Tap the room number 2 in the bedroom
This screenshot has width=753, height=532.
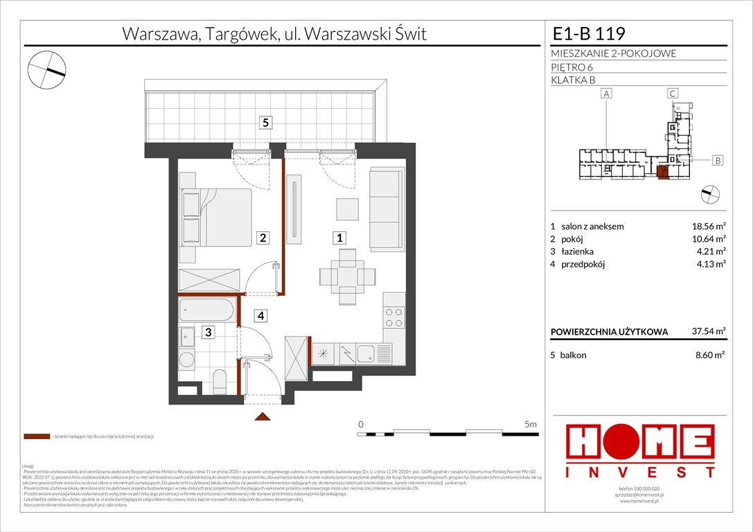[x=264, y=238]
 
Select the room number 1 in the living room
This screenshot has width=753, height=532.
[x=339, y=238]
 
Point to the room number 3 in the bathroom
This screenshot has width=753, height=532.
[x=207, y=332]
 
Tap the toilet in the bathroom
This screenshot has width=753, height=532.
[x=218, y=380]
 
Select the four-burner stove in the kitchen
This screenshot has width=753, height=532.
[x=393, y=317]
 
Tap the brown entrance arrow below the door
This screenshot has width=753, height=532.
[x=262, y=416]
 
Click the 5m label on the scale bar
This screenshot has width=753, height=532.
[x=531, y=423]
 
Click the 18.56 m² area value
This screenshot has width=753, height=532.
[x=709, y=227]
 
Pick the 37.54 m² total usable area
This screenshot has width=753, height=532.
[x=709, y=331]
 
